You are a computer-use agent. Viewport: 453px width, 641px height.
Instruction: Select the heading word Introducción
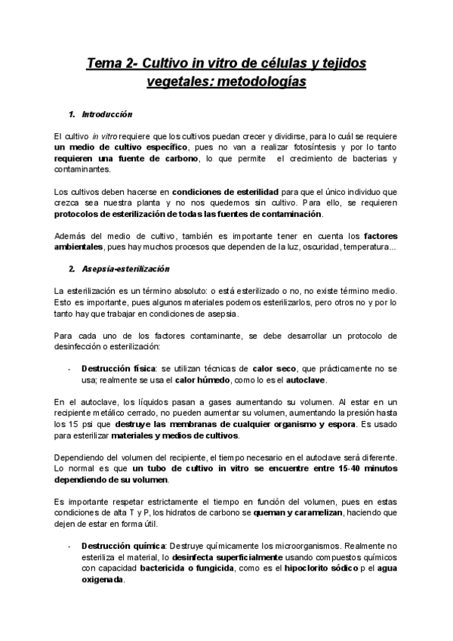click(106, 115)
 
